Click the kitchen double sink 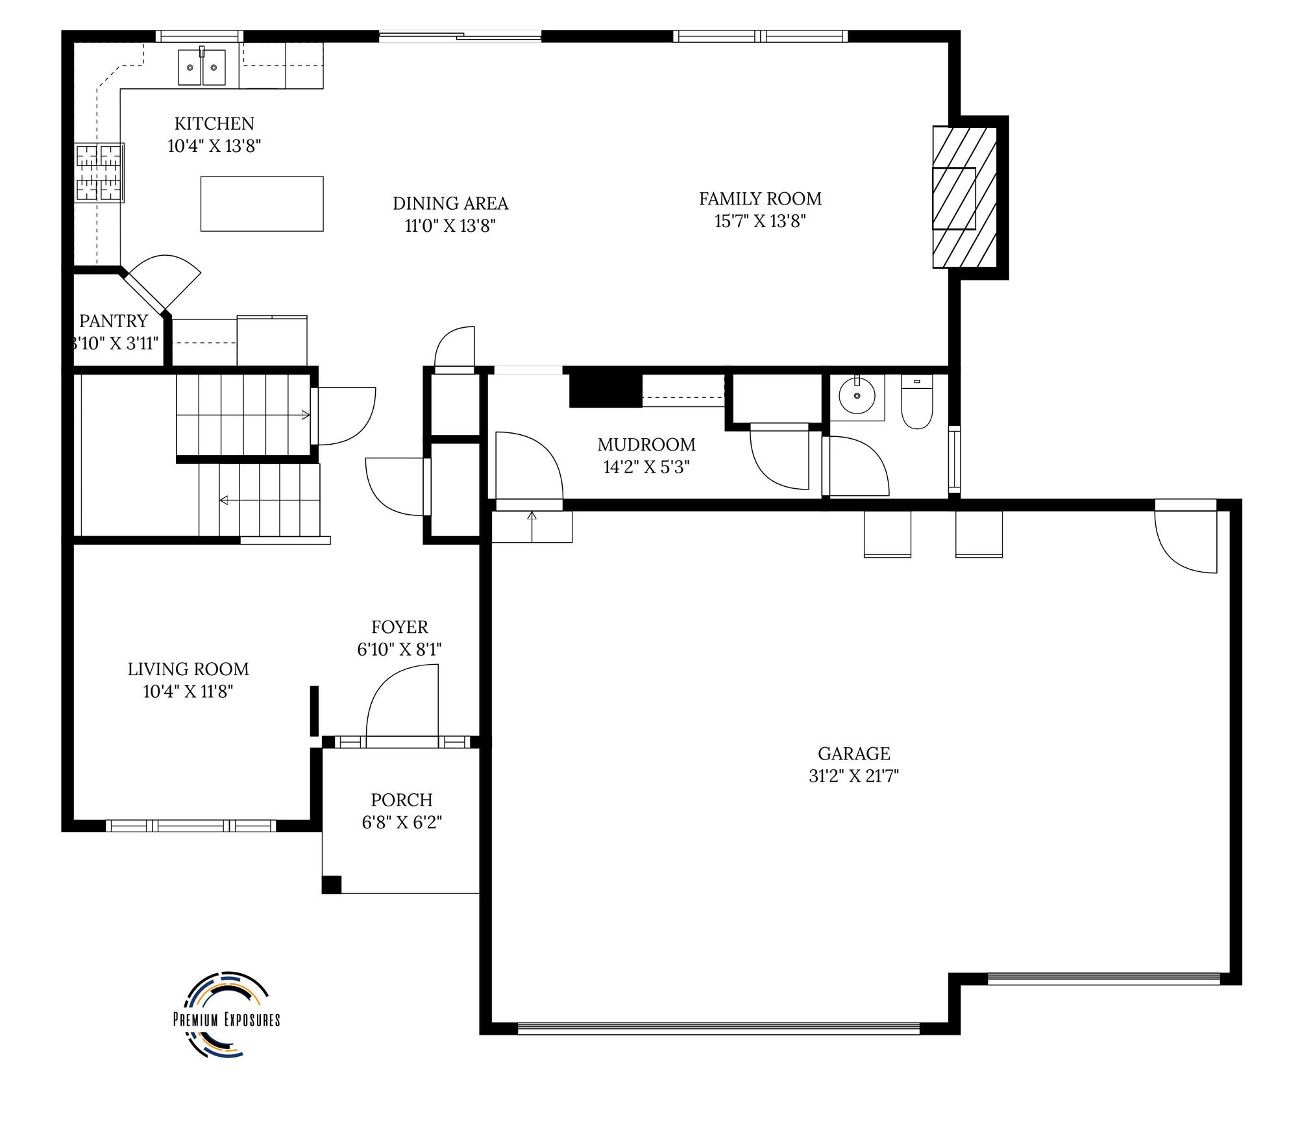(x=202, y=67)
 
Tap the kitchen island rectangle (x=262, y=203)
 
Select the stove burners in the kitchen (x=99, y=173)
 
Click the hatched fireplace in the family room (x=964, y=197)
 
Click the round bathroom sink (x=857, y=395)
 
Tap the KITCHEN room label (x=214, y=123)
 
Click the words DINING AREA (x=450, y=203)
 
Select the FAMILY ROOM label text (x=760, y=199)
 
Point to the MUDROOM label (x=646, y=445)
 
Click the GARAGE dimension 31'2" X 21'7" (x=853, y=776)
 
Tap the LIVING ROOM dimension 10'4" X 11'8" (x=188, y=691)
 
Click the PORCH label (x=402, y=800)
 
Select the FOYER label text (x=400, y=627)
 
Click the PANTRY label (x=114, y=321)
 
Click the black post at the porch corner (x=332, y=884)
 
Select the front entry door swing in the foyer (x=402, y=704)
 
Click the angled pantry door (x=162, y=282)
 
